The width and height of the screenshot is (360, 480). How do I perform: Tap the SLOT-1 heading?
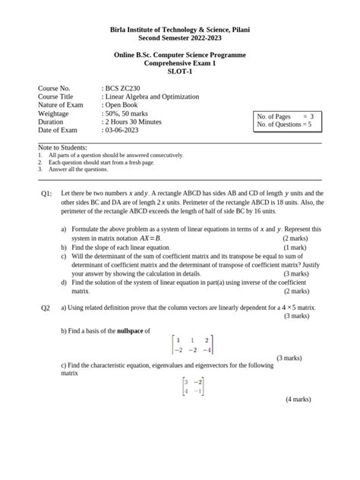point(180,72)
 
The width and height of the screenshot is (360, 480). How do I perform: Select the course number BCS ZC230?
point(122,89)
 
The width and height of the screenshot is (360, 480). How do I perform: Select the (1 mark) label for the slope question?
point(295,248)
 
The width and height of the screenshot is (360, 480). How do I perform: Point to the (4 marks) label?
point(298,399)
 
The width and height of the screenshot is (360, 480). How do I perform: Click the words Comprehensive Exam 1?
point(180,64)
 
